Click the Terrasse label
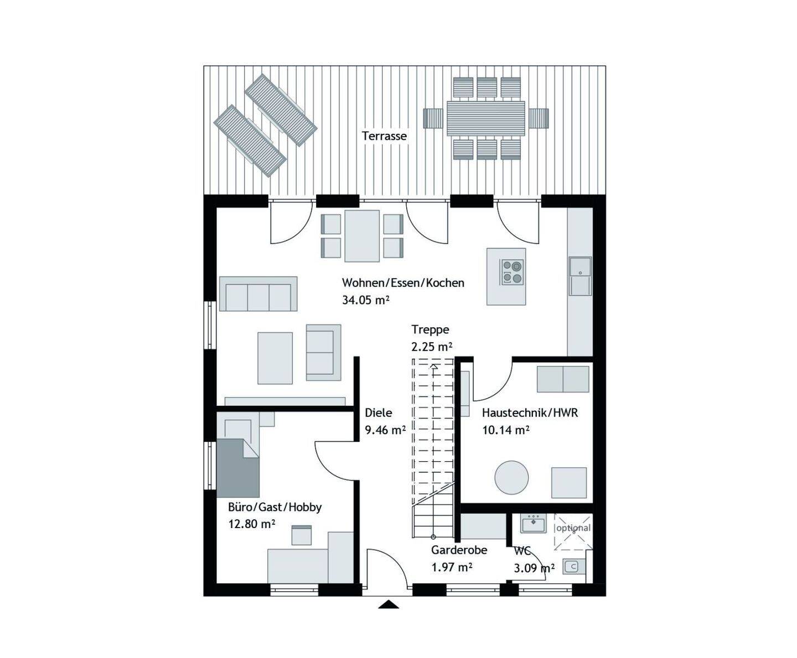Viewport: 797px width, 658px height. (x=384, y=136)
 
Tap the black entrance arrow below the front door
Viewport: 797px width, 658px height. (x=389, y=604)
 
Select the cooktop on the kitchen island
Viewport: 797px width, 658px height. (x=513, y=272)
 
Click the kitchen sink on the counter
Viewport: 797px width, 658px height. (x=580, y=276)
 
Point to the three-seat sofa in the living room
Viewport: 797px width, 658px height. (x=258, y=294)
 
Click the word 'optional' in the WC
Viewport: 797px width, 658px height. (x=573, y=528)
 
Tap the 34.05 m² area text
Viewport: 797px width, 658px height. (x=365, y=300)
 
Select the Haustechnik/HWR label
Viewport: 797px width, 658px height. (x=530, y=412)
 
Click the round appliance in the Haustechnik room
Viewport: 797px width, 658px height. (x=511, y=478)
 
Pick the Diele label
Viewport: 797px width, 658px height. (x=378, y=412)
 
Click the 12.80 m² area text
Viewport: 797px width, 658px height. (x=251, y=524)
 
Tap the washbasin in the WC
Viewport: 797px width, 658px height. (x=534, y=523)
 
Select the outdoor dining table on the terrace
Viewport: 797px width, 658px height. (x=485, y=118)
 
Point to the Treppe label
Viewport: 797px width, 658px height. (x=430, y=330)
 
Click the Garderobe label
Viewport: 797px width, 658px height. (x=459, y=550)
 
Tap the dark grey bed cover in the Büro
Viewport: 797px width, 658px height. (x=238, y=468)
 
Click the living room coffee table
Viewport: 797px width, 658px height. (x=275, y=358)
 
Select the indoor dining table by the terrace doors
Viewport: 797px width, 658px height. (x=362, y=236)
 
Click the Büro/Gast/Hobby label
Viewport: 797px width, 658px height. (x=275, y=508)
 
